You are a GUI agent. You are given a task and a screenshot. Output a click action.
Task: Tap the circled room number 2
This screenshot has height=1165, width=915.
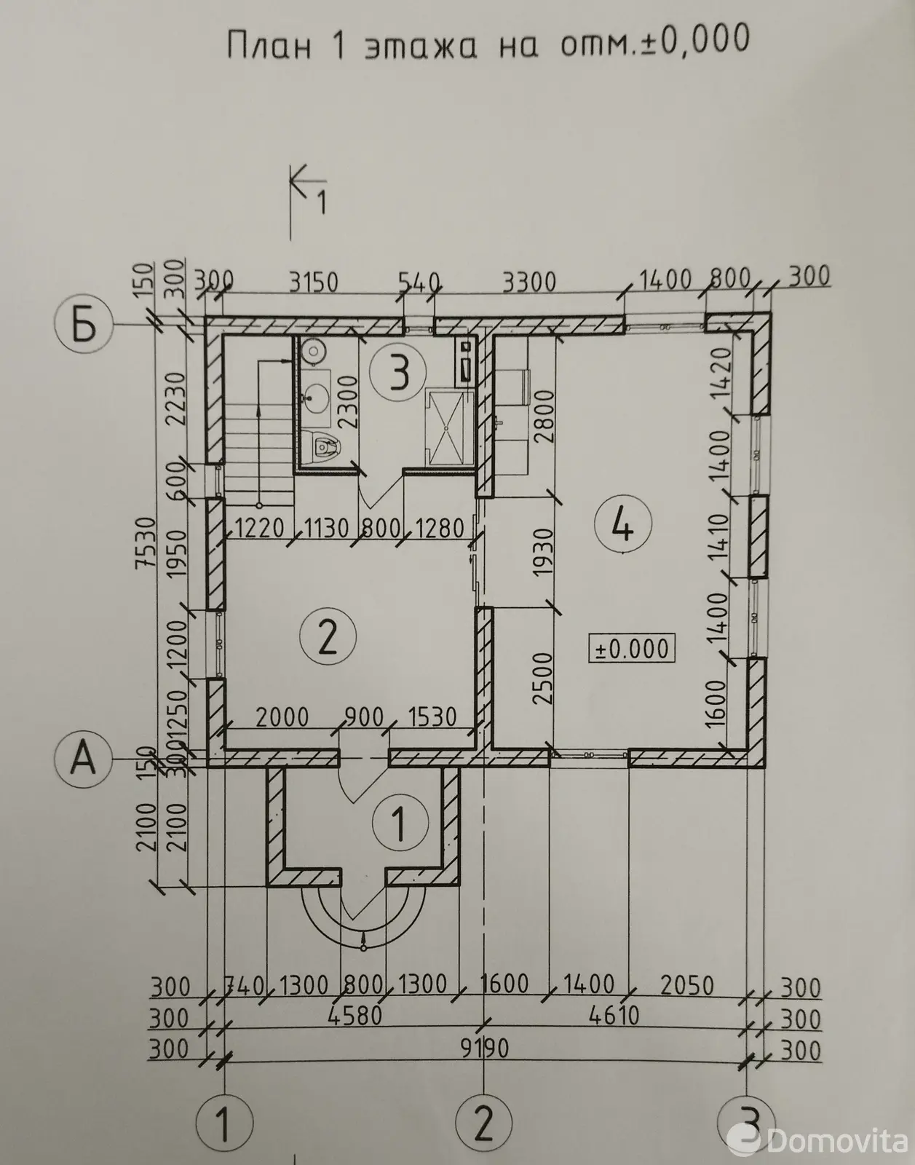[328, 636]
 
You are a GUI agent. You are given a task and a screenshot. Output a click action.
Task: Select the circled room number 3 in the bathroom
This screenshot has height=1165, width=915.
[398, 371]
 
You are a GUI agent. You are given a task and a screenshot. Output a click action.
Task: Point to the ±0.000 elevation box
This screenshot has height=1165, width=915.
[632, 649]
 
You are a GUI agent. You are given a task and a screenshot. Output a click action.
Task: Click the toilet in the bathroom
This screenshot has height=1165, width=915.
[322, 444]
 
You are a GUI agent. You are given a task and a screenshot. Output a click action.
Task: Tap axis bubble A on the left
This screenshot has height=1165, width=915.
[84, 759]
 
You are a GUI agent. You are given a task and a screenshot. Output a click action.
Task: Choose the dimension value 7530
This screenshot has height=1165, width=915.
[146, 542]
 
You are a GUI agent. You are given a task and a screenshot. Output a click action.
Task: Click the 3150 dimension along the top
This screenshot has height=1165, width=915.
[314, 282]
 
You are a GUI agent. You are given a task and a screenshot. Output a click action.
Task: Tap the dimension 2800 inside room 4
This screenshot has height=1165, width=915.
[543, 416]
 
